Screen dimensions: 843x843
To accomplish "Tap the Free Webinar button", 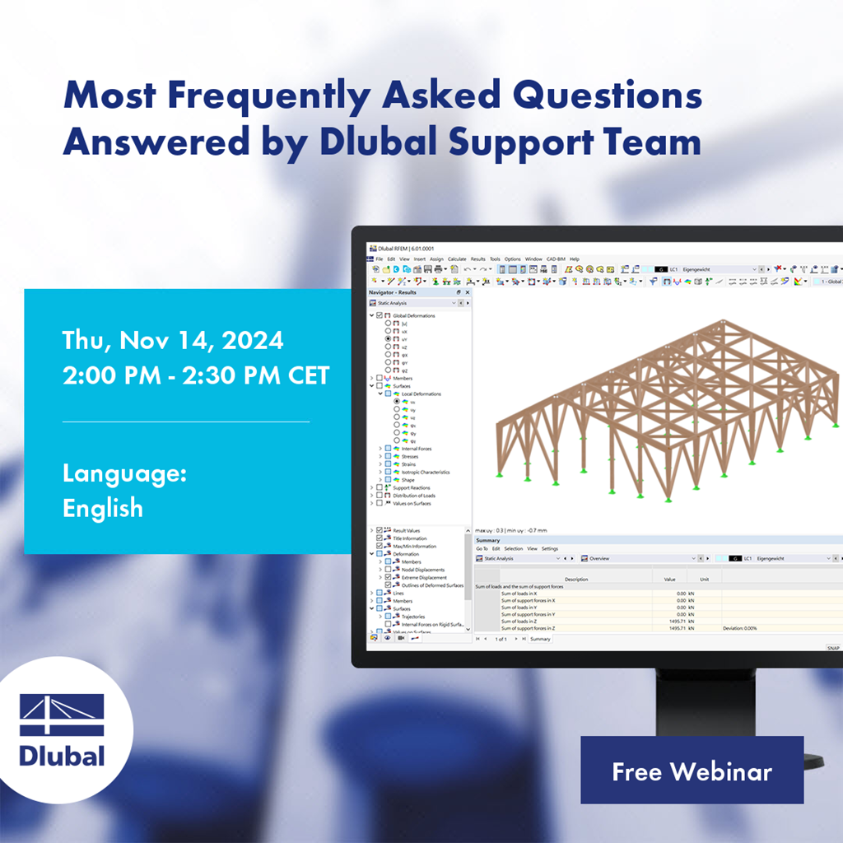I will (x=692, y=771).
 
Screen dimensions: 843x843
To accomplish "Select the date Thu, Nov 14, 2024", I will (x=173, y=340).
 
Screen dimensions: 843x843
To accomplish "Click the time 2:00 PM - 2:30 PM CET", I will (x=196, y=375).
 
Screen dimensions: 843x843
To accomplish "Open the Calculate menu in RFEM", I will (x=457, y=258).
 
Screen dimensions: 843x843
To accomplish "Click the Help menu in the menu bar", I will (x=574, y=258).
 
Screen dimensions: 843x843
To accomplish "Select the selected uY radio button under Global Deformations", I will (x=388, y=338).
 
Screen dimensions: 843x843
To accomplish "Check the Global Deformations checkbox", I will (x=380, y=315).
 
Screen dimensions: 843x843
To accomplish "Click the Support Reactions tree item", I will (x=411, y=488).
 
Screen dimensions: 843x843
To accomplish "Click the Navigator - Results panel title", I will (x=393, y=292).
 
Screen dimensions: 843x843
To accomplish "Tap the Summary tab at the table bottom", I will (x=540, y=639).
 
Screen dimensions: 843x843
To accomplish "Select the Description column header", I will (x=576, y=579).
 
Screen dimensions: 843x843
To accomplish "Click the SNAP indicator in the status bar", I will (x=832, y=649).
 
